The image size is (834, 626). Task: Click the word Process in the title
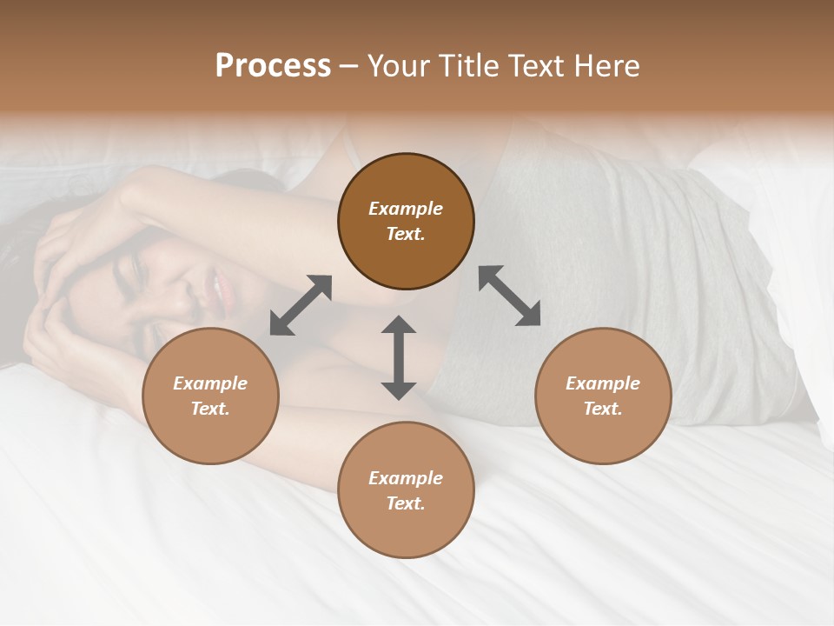tap(273, 66)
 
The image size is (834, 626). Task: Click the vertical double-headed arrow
tap(399, 357)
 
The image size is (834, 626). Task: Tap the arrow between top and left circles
tap(301, 305)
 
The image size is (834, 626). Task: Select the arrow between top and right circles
tap(509, 296)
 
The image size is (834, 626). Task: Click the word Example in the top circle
tap(406, 209)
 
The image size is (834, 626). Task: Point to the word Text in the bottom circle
tap(406, 503)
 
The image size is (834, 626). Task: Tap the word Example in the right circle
tap(603, 383)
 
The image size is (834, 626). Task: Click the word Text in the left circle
tap(210, 409)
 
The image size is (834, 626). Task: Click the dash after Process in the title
tap(348, 67)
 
